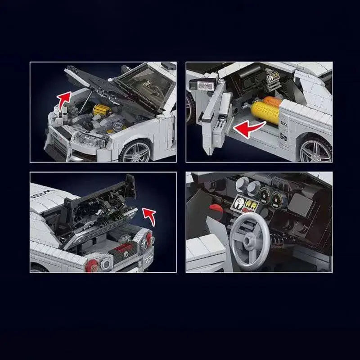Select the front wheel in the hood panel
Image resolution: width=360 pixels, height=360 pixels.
click(x=137, y=151)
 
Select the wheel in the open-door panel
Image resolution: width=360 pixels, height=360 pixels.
click(x=315, y=151)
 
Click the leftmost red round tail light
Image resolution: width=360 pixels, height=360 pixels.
click(x=92, y=265)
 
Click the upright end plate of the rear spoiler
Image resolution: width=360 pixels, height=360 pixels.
click(x=130, y=185)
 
